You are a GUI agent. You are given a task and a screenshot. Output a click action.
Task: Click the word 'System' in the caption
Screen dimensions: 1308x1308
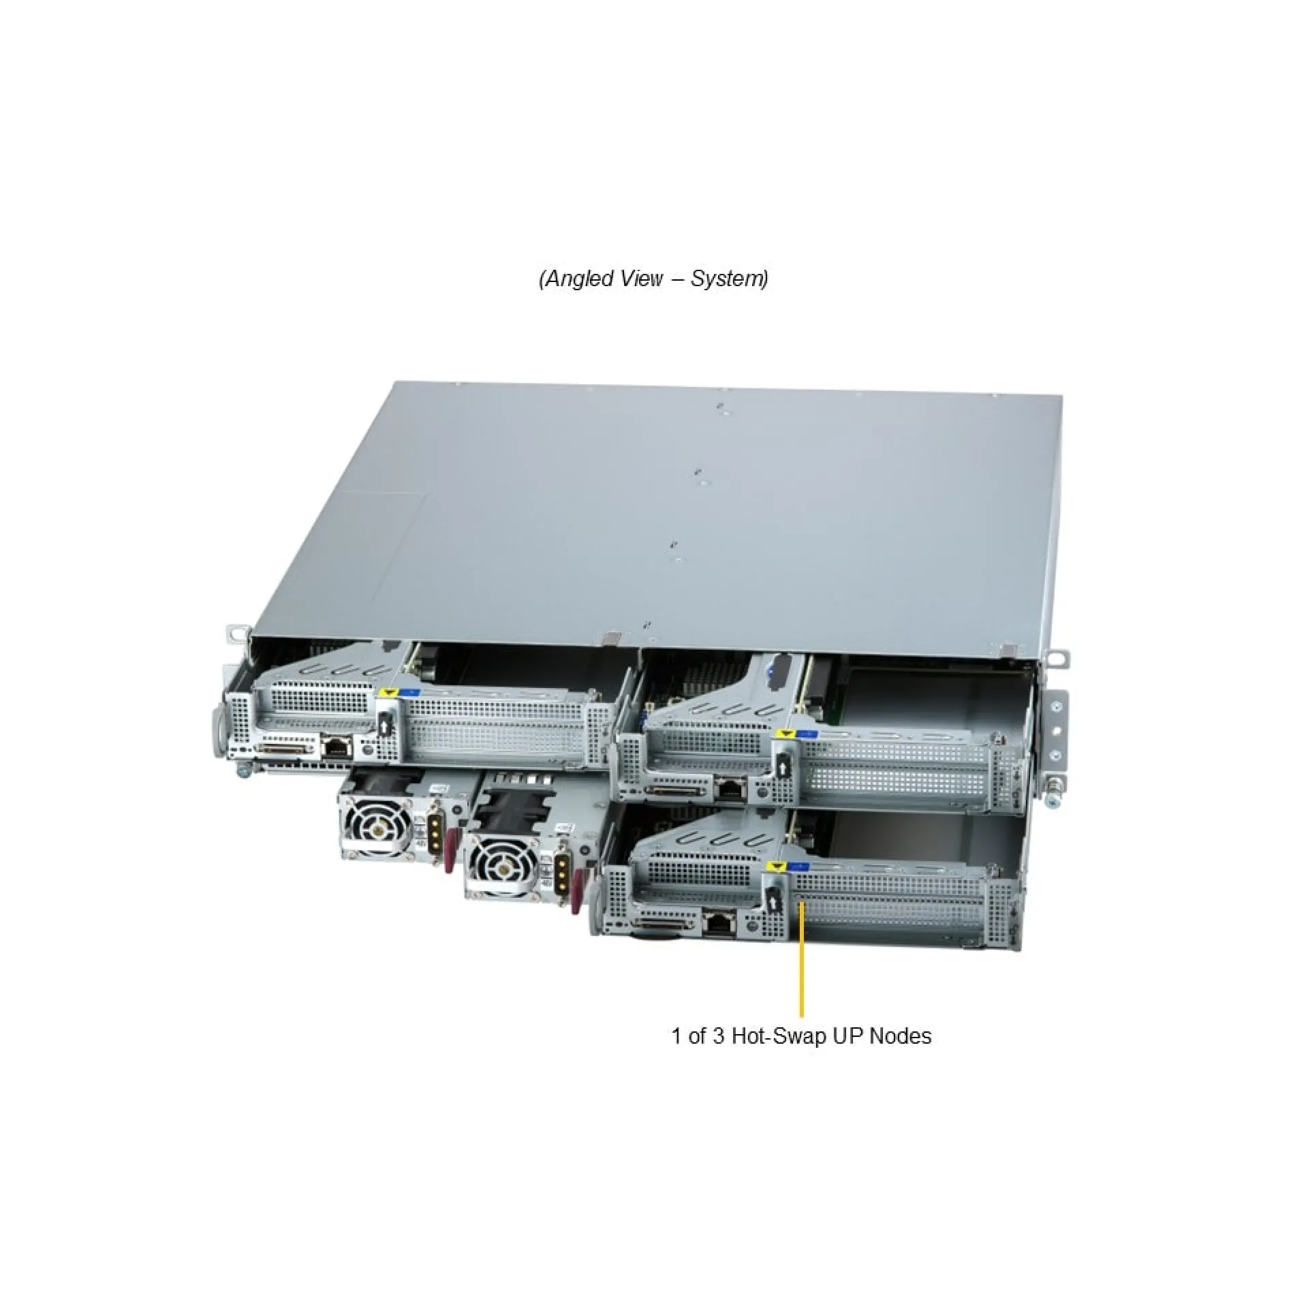click(x=728, y=279)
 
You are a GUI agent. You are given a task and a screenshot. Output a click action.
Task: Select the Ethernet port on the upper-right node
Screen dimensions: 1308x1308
click(x=730, y=790)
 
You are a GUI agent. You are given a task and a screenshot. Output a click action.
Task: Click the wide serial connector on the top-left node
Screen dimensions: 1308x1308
click(x=285, y=749)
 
